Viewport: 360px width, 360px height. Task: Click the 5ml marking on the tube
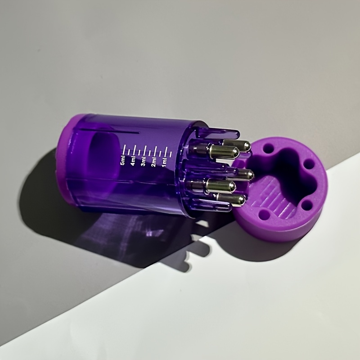coord(122,161)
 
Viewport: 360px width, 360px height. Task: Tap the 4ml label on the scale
coord(133,161)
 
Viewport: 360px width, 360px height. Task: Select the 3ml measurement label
coord(143,162)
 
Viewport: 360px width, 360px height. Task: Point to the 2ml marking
coord(153,162)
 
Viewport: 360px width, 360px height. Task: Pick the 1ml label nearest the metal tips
coord(164,163)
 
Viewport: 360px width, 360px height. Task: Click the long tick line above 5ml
coord(124,149)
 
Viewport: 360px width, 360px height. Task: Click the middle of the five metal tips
coord(241,175)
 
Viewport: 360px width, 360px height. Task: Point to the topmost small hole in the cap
coord(268,148)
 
